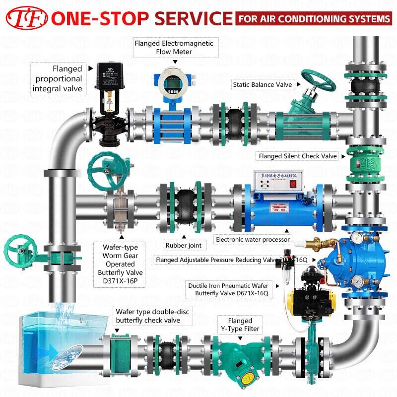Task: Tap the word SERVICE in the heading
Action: pyautogui.click(x=194, y=18)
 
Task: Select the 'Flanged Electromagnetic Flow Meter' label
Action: pyautogui.click(x=174, y=48)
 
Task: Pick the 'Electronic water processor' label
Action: pyautogui.click(x=253, y=239)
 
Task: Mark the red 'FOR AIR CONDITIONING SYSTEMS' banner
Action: pyautogui.click(x=314, y=19)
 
